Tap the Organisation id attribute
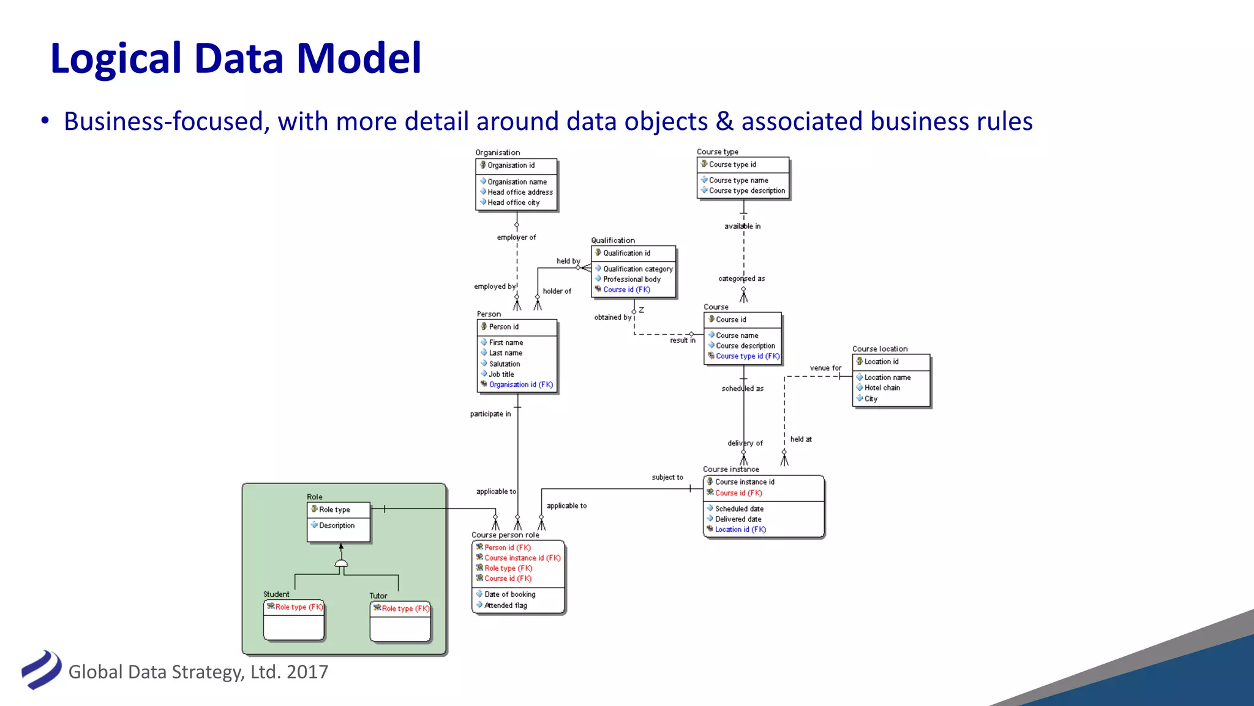click(x=511, y=165)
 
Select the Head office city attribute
click(x=513, y=203)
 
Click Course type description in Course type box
click(x=746, y=191)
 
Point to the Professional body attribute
click(x=631, y=279)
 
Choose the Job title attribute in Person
click(x=501, y=374)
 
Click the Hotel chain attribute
click(x=882, y=388)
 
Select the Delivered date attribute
click(x=738, y=519)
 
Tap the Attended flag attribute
click(x=505, y=605)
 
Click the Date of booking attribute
click(x=509, y=594)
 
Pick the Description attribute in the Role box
click(x=336, y=526)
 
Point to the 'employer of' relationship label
click(x=516, y=238)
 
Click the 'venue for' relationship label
click(x=825, y=368)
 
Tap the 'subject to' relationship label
click(x=667, y=477)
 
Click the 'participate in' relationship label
click(x=490, y=414)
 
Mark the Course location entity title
click(x=879, y=349)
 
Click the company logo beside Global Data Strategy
click(x=41, y=670)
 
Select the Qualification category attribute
click(x=637, y=269)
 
